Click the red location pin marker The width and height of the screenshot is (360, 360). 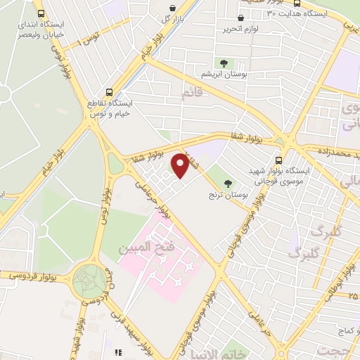pyautogui.click(x=181, y=166)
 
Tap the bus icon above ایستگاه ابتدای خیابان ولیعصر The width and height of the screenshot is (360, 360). pyautogui.click(x=41, y=14)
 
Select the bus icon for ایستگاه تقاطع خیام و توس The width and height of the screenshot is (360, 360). pyautogui.click(x=108, y=92)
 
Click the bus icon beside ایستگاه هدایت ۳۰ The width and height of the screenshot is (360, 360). pyautogui.click(x=271, y=13)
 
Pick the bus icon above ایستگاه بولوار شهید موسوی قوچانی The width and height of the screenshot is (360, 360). pyautogui.click(x=279, y=160)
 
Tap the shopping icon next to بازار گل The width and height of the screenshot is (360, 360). pyautogui.click(x=173, y=8)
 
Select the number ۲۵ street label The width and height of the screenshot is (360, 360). pyautogui.click(x=352, y=296)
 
